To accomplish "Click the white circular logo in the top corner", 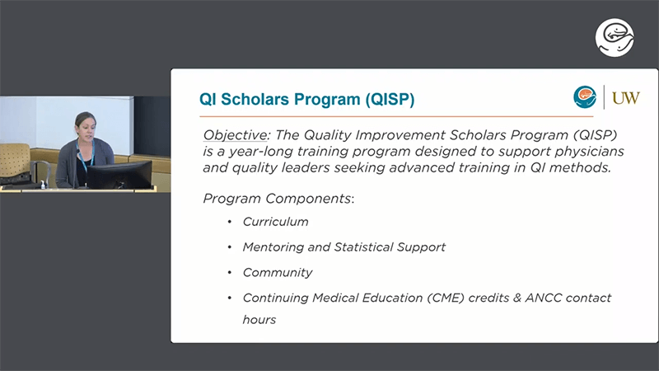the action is (615, 37).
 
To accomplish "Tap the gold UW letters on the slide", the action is (626, 98).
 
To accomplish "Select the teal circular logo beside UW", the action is (585, 97).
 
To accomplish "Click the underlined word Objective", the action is (235, 135).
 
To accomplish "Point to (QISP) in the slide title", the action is (390, 100).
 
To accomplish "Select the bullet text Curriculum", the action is (275, 222).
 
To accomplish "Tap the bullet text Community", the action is (278, 273).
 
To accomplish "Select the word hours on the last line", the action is (259, 320).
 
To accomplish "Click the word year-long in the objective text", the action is (261, 152).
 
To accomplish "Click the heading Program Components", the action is (278, 199).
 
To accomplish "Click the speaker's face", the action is (86, 128).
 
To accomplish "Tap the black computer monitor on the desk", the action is (119, 175).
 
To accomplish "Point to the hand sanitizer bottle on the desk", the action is (43, 184).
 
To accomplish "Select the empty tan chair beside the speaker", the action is (16, 165).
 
